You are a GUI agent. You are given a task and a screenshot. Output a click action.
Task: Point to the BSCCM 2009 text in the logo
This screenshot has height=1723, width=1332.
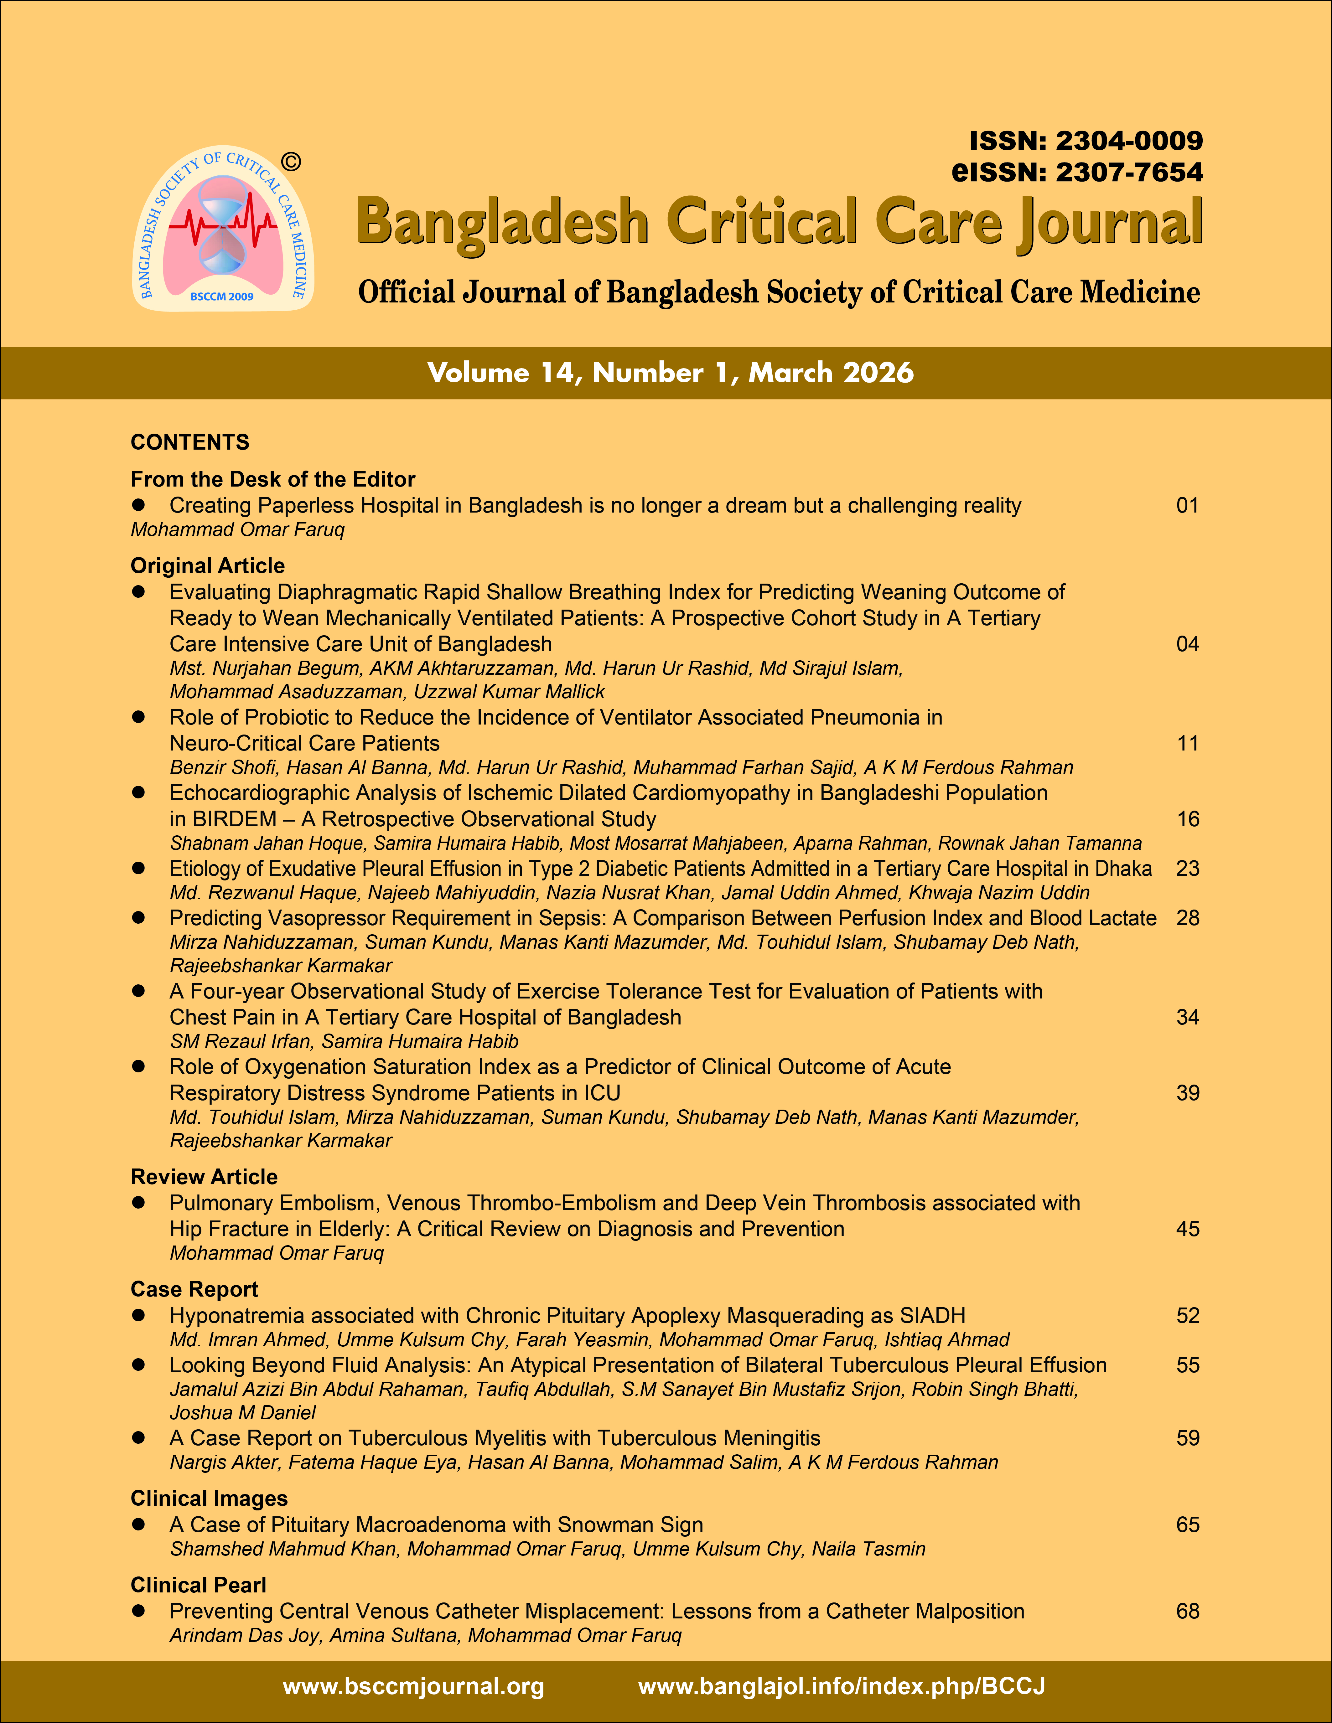(222, 297)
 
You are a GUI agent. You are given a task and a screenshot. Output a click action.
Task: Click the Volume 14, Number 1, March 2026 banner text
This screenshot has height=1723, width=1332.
(670, 372)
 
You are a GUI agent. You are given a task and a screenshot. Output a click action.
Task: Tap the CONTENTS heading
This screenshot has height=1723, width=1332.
(189, 442)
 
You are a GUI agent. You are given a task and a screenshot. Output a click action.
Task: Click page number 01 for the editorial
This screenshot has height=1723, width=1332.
(1187, 506)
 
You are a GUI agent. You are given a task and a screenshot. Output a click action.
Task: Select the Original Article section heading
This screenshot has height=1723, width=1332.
(208, 566)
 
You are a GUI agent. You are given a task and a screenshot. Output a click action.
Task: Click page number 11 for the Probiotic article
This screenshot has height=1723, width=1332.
(1187, 743)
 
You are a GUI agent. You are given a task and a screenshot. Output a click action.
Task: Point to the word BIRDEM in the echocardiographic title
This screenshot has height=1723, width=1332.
(234, 819)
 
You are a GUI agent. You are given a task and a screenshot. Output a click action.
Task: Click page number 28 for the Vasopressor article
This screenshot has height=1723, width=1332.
(1187, 918)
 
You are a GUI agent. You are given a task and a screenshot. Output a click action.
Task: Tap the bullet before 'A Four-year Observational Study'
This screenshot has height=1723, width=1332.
(139, 991)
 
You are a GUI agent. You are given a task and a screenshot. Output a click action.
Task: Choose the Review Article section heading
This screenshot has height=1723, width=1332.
(204, 1177)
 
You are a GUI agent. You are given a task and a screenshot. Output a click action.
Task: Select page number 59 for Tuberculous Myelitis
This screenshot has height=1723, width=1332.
(1187, 1438)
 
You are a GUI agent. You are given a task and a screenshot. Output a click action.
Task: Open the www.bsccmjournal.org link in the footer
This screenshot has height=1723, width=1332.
(413, 1687)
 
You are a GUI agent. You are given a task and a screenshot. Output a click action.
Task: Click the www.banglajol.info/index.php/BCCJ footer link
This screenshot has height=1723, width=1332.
(841, 1687)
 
